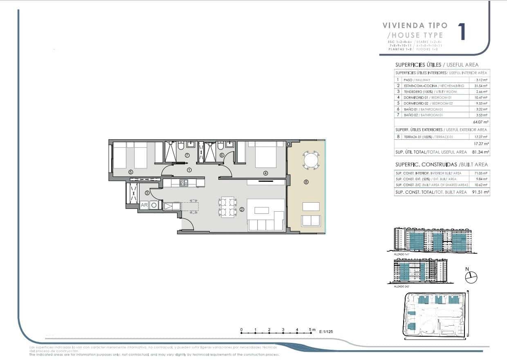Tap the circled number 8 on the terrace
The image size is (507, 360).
coord(306,182)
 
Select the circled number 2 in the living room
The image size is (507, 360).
coord(242,209)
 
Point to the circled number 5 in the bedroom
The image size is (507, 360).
coord(130,172)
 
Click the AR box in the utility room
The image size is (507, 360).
coord(144,206)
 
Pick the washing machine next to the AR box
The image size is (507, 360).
coord(154,206)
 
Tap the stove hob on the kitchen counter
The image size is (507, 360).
coord(183,183)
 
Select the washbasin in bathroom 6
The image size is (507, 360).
coord(229,144)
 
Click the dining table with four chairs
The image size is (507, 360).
coord(227,207)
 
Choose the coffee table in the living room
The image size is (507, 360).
coord(261,210)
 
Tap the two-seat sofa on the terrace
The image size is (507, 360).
coord(311,220)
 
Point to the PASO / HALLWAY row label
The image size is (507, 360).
coord(413,80)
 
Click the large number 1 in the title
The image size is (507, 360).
coord(462,32)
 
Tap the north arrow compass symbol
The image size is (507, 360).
coord(471,277)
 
